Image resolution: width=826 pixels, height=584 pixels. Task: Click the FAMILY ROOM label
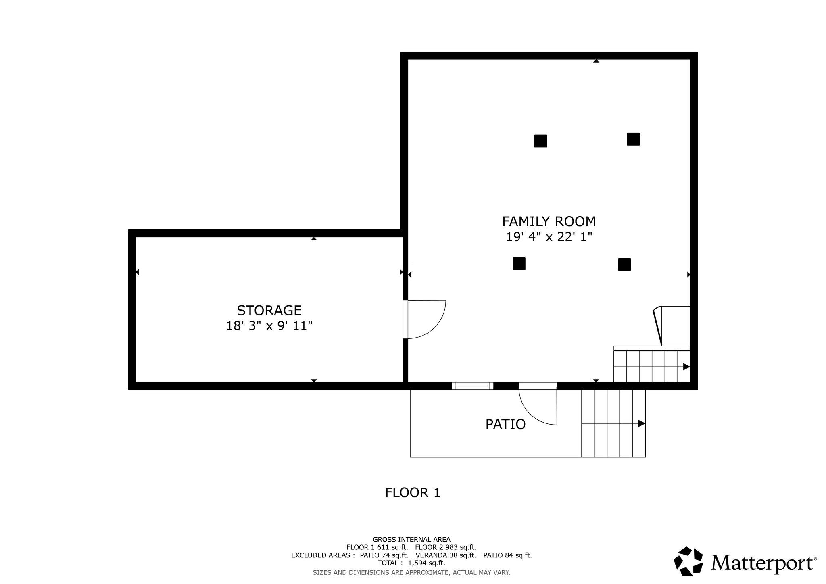549,221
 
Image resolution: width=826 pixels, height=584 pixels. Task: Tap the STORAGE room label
269,310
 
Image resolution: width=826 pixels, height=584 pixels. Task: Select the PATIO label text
505,424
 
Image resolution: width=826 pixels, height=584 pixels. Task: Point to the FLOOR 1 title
413,492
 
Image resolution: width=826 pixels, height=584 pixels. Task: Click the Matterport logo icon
688,561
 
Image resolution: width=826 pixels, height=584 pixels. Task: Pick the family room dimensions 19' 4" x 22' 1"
549,237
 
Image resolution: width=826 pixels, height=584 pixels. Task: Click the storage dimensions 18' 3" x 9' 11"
269,325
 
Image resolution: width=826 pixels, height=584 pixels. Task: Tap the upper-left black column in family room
540,141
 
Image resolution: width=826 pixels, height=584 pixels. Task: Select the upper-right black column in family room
633,139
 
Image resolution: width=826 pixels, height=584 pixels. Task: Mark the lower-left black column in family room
519,263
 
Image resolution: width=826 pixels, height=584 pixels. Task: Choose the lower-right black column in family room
624,264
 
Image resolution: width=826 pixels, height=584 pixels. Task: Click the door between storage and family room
425,319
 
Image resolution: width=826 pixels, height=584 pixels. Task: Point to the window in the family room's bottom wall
472,386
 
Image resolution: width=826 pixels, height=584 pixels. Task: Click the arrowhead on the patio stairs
642,423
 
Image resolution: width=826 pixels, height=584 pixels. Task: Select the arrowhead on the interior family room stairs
686,367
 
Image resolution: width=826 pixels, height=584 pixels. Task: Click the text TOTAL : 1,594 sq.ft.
411,563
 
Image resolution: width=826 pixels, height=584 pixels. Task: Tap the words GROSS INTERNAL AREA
411,540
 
